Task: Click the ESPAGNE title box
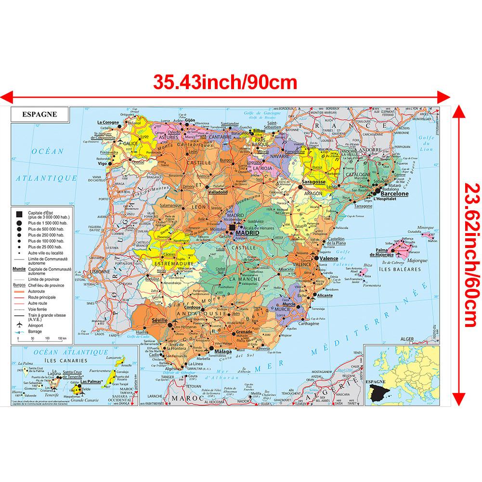click(x=40, y=115)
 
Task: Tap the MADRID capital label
click(x=247, y=233)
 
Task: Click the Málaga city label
click(x=222, y=352)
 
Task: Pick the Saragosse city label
click(x=313, y=183)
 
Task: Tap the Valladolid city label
click(x=217, y=191)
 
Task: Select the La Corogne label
click(x=108, y=122)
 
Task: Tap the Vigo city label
click(x=102, y=164)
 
